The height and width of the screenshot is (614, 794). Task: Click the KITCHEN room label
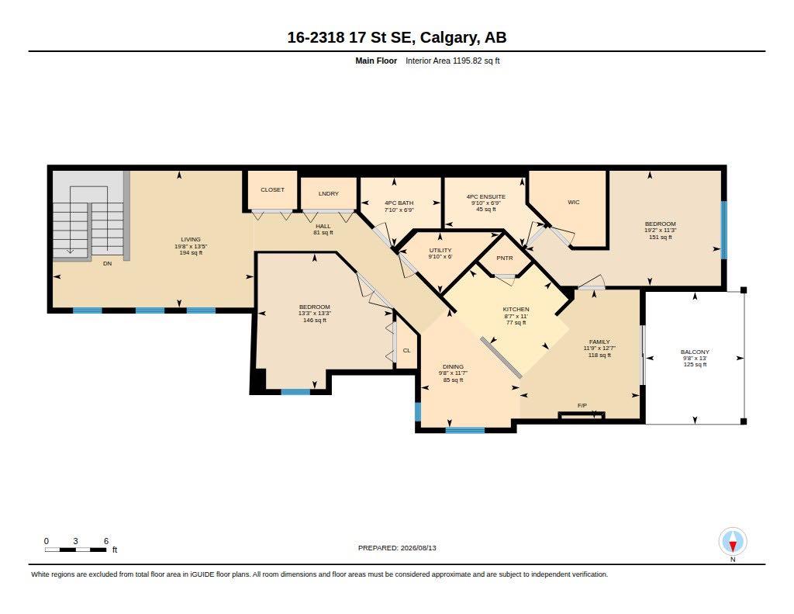516,309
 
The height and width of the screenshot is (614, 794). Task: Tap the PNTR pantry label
504,258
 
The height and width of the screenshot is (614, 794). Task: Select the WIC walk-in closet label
573,203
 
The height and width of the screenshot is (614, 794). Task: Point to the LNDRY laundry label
329,194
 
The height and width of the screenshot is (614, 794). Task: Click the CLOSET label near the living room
272,189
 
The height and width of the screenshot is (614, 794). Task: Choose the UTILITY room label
440,251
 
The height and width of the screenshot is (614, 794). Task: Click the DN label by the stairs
107,264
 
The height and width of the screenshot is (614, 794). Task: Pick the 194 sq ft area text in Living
191,252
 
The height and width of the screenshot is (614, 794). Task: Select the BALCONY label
695,352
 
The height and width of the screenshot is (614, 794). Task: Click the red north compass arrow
732,546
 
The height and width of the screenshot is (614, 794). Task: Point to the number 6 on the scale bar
105,541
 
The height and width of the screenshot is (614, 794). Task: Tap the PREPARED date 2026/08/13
418,548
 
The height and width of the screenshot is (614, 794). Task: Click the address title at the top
397,37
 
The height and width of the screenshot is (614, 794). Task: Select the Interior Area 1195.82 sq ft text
453,61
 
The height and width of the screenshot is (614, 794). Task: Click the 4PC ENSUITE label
485,196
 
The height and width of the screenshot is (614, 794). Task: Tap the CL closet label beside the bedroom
406,350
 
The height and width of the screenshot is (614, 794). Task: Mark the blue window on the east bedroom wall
723,231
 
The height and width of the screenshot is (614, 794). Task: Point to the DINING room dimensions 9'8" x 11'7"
453,373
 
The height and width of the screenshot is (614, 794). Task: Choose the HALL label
323,226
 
